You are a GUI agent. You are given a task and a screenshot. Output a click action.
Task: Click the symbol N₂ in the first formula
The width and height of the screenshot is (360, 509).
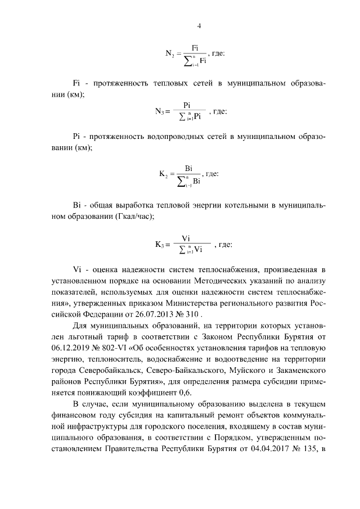click(170, 54)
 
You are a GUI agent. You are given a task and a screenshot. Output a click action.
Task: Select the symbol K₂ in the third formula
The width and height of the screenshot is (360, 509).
click(164, 175)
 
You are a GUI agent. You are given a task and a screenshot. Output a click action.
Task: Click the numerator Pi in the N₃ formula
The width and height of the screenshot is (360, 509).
click(188, 105)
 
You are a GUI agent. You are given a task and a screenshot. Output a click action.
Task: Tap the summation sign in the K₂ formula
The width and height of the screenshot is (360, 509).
click(181, 182)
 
